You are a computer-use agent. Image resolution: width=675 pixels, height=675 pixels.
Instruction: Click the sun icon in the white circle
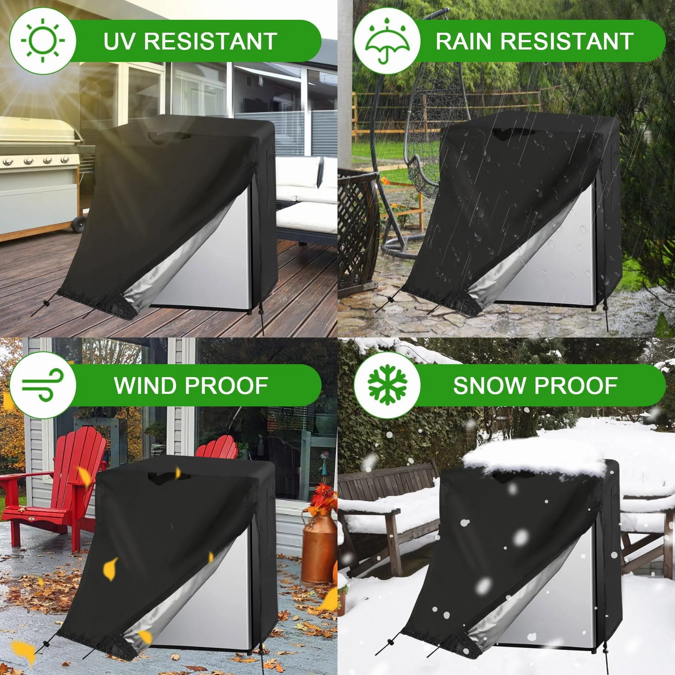[43, 41]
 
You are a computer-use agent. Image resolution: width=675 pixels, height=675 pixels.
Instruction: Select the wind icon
[42, 385]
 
